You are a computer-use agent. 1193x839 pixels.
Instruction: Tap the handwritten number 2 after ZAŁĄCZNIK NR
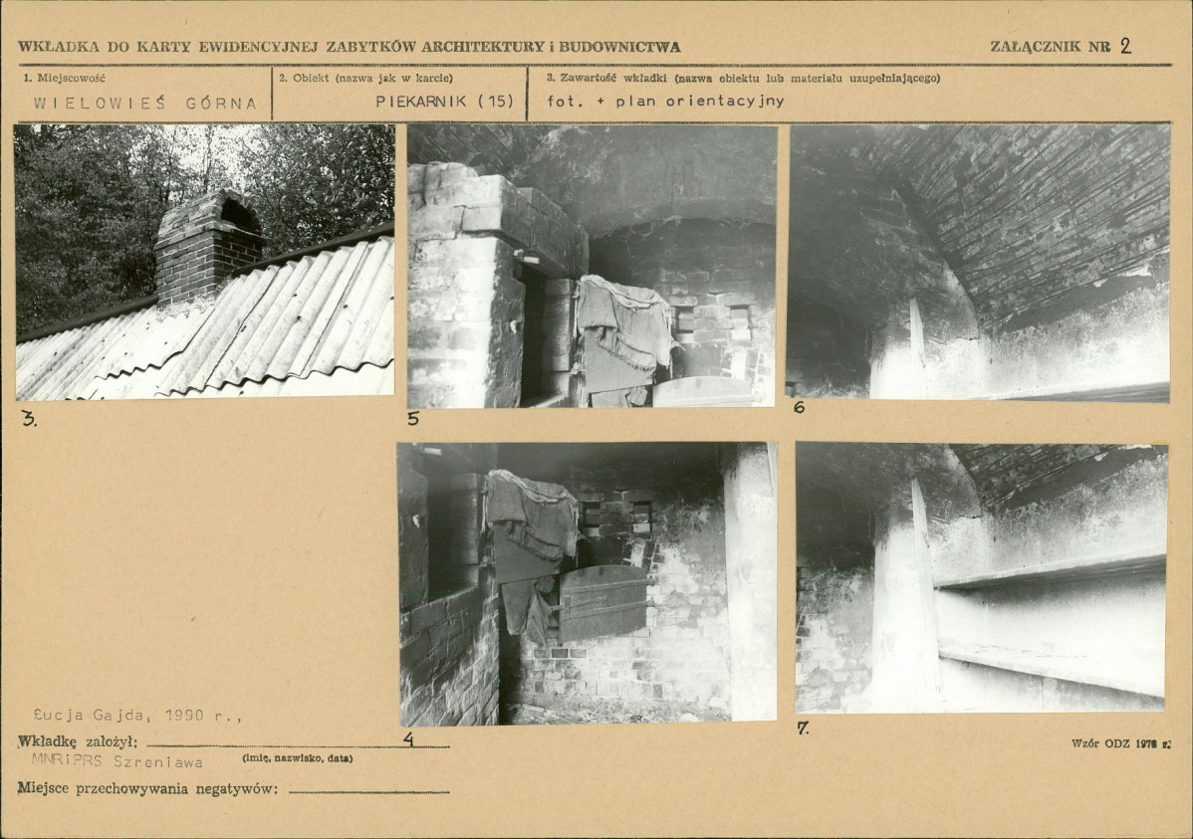click(x=1125, y=46)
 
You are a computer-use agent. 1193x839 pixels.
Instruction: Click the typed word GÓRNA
click(x=221, y=105)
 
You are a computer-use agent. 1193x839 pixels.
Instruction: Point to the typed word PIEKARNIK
click(x=421, y=102)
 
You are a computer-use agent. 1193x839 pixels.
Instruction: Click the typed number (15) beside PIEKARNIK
click(x=496, y=102)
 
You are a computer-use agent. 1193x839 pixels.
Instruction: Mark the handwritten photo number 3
click(x=29, y=418)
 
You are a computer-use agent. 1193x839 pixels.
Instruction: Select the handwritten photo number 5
click(x=413, y=418)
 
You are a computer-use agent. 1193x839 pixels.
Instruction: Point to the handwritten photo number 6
click(x=798, y=407)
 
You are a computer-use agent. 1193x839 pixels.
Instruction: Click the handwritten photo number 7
click(x=803, y=728)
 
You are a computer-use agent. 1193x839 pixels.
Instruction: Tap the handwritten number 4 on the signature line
click(x=409, y=738)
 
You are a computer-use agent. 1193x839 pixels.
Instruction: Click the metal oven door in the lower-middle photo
click(x=602, y=602)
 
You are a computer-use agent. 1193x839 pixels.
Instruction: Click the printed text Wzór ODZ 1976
click(x=1120, y=742)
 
